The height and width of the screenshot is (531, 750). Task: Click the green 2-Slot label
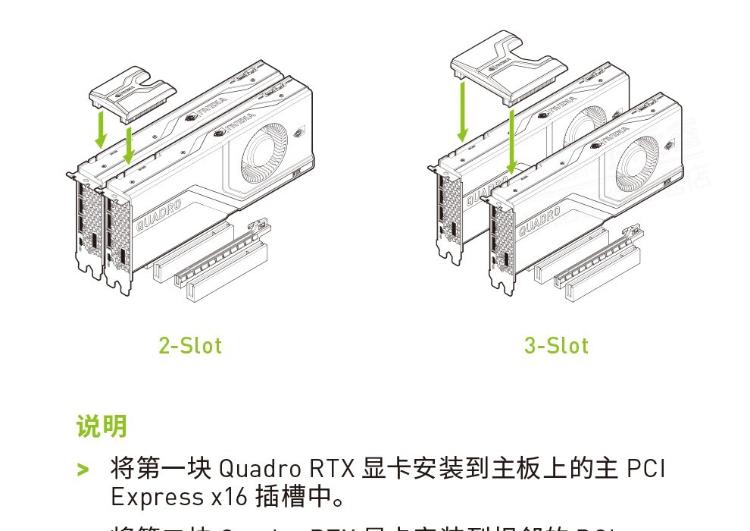(x=190, y=346)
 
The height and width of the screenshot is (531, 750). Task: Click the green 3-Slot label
(x=556, y=346)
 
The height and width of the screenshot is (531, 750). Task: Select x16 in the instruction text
(x=226, y=497)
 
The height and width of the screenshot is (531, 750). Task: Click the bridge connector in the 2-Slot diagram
(x=131, y=96)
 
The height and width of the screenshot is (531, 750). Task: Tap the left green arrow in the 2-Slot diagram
(x=99, y=128)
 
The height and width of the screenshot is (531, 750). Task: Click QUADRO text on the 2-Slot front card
(x=159, y=216)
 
